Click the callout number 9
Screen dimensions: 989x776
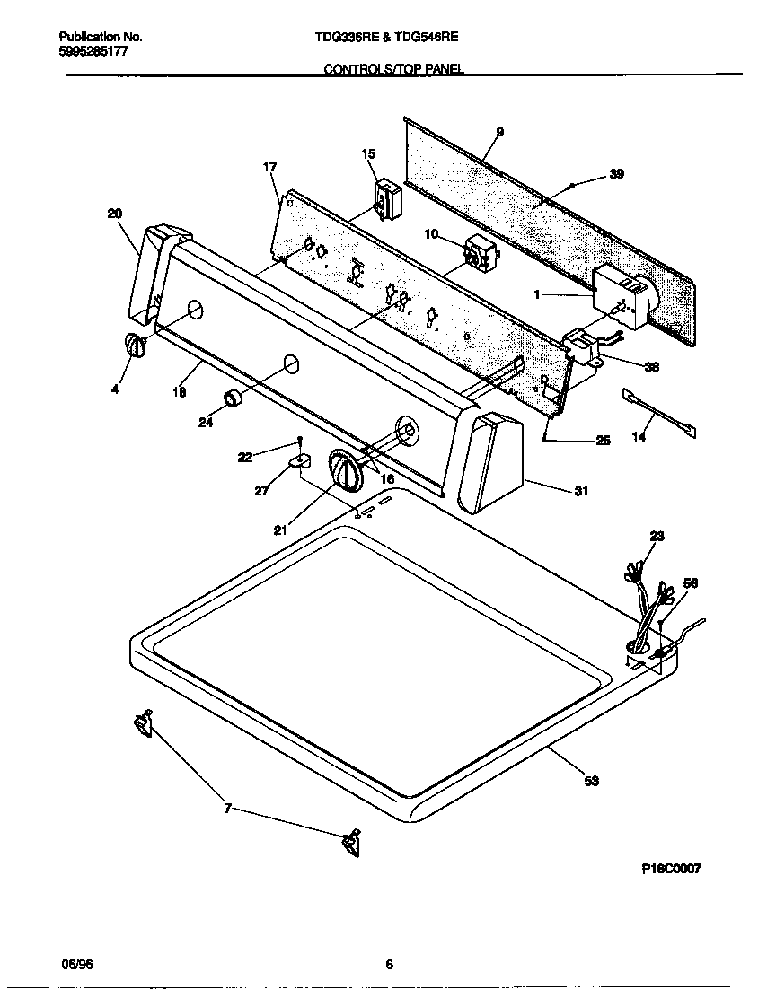pos(499,132)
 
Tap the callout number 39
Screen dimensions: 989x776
pos(616,174)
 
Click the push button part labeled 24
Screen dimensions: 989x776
pos(234,399)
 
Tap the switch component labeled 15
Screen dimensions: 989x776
pos(387,197)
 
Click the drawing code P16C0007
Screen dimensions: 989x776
pos(671,869)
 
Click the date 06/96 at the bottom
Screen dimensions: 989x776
pos(77,965)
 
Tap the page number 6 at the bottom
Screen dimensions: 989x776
pos(389,965)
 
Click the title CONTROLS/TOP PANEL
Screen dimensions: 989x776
pos(393,69)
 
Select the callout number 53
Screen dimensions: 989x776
pos(591,781)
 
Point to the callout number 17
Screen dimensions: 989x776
pos(269,167)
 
